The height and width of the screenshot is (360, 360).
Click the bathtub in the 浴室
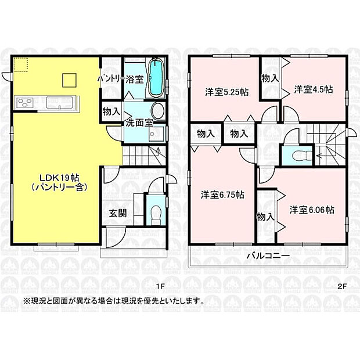(156, 80)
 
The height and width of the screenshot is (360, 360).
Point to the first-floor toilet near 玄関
(155, 213)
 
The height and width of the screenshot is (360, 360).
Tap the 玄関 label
(118, 213)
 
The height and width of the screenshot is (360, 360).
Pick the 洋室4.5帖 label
(313, 89)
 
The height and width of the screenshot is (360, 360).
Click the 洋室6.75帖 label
(222, 195)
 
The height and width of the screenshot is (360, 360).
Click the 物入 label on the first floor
(111, 110)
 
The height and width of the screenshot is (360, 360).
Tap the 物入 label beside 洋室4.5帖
(269, 78)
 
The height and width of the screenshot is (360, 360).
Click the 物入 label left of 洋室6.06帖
(266, 217)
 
